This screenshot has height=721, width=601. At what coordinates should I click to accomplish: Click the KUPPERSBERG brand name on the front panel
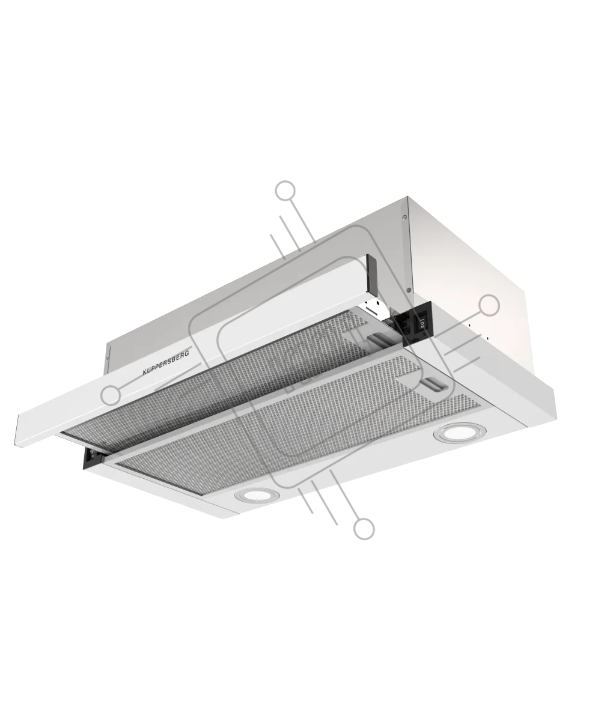[x=166, y=362]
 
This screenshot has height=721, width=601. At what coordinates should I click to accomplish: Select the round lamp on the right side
[x=460, y=434]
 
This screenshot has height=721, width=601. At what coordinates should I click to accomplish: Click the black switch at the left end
[x=91, y=458]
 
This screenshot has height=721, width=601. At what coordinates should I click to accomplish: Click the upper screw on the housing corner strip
[x=405, y=217]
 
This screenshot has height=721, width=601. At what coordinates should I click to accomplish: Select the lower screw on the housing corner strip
[x=409, y=290]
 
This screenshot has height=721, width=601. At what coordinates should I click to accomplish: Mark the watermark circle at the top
[x=285, y=190]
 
